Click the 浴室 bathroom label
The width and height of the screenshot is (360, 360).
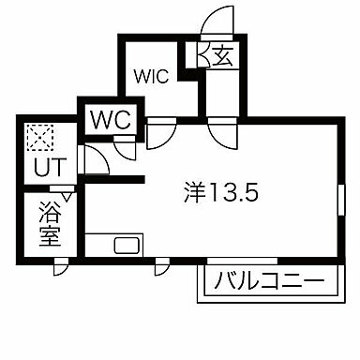point(50,224)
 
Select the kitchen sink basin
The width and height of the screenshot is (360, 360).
point(126,247)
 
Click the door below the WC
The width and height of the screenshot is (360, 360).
point(125,145)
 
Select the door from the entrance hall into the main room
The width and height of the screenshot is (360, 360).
point(223,132)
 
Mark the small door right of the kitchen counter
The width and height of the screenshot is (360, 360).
point(161,266)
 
